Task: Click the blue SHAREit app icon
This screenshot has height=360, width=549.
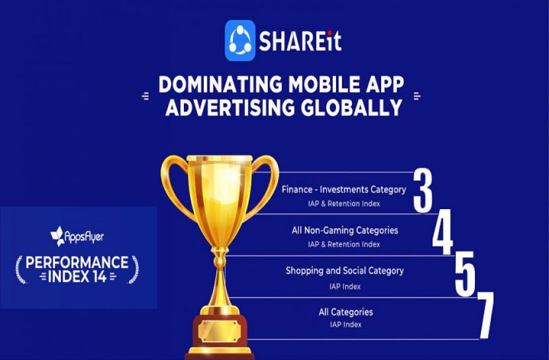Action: pyautogui.click(x=240, y=40)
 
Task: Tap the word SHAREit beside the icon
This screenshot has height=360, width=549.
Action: pyautogui.click(x=300, y=41)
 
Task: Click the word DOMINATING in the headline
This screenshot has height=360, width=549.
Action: pyautogui.click(x=220, y=85)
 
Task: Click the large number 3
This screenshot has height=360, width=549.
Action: pyautogui.click(x=423, y=191)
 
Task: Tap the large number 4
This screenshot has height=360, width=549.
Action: pyautogui.click(x=443, y=232)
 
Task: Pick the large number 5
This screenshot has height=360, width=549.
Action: pyautogui.click(x=465, y=273)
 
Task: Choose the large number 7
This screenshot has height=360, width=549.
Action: pyautogui.click(x=486, y=315)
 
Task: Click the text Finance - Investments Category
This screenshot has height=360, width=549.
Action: pyautogui.click(x=344, y=189)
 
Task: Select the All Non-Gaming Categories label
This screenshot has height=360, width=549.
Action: pyautogui.click(x=345, y=230)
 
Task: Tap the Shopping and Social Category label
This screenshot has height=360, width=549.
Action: pyautogui.click(x=345, y=271)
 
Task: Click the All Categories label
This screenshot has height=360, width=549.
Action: pyautogui.click(x=346, y=312)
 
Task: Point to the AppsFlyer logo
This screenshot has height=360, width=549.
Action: pyautogui.click(x=77, y=237)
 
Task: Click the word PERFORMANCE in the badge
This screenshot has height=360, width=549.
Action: pyautogui.click(x=77, y=262)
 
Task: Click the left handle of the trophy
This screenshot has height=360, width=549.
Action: pyautogui.click(x=176, y=185)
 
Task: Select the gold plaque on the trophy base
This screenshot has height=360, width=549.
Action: pyautogui.click(x=220, y=332)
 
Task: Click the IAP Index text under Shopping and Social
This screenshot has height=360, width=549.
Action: pyautogui.click(x=345, y=287)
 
